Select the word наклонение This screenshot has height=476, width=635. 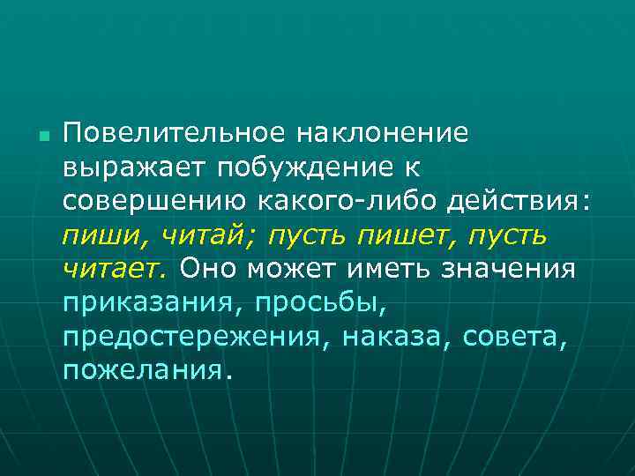(x=382, y=133)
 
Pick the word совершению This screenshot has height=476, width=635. (x=155, y=201)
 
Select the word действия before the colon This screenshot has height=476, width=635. (x=512, y=201)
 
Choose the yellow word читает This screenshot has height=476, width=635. (x=116, y=268)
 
